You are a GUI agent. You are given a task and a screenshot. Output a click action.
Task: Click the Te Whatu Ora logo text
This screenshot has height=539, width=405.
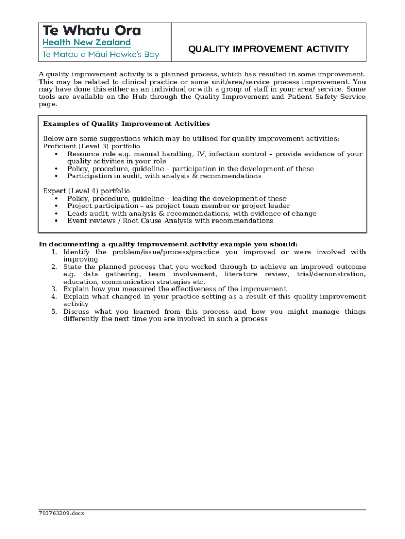92,31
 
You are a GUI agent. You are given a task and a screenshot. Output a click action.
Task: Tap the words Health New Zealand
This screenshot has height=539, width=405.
86,43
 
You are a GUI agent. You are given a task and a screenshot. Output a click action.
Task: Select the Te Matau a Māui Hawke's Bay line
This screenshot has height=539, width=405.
100,54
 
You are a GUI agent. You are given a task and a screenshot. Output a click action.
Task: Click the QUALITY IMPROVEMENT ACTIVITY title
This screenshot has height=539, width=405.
268,49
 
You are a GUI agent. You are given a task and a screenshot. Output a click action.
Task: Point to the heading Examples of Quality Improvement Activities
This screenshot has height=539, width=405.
126,124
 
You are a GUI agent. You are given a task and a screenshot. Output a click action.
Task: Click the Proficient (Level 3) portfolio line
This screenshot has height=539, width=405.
92,146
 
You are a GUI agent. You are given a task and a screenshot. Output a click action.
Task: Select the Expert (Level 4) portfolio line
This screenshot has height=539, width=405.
86,191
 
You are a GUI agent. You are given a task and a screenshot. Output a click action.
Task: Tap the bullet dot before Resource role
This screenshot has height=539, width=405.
56,154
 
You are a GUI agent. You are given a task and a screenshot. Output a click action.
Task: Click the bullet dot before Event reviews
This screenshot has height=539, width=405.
56,221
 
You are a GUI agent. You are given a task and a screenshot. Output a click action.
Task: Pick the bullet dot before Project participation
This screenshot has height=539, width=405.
56,206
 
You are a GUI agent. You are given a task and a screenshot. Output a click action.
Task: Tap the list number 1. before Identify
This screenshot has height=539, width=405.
54,252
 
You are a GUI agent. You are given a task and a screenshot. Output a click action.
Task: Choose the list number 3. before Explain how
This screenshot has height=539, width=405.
54,289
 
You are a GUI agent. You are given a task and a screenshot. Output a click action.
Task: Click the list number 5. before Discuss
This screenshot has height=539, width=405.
54,312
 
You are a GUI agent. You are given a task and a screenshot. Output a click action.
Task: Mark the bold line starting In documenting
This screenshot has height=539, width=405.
168,244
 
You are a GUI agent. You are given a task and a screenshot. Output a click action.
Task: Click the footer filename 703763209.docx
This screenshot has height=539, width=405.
61,513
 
